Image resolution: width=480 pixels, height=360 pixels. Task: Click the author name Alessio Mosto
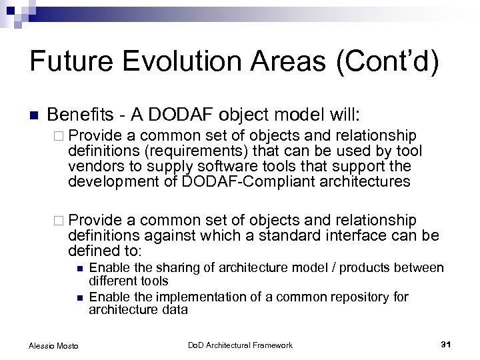tap(53, 345)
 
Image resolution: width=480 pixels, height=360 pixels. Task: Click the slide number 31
tap(446, 344)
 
